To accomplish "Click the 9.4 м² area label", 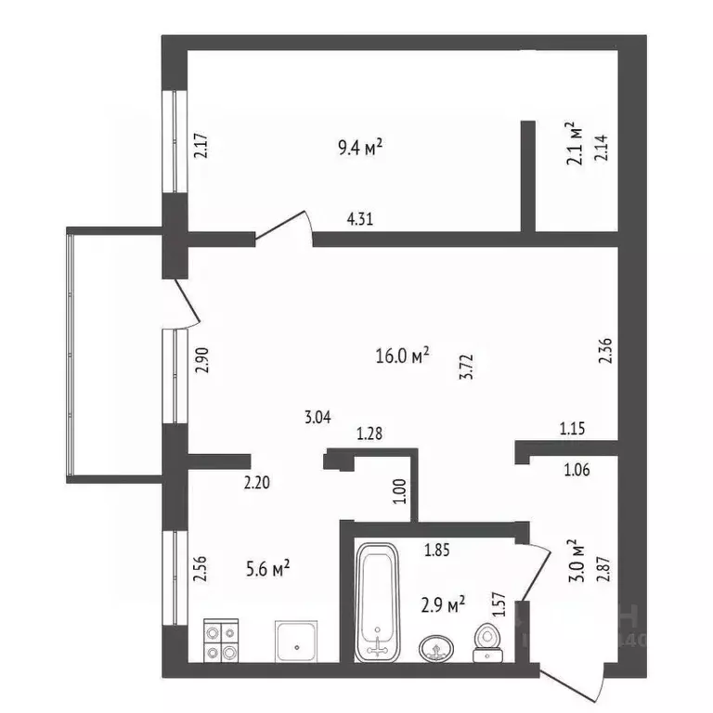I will [360, 146].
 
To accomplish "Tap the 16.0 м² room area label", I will [402, 356].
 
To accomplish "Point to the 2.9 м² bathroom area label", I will [443, 605].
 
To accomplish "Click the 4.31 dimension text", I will [362, 220].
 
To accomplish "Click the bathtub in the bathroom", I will [377, 602].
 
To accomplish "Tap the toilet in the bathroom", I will [486, 643].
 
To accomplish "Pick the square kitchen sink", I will [296, 641].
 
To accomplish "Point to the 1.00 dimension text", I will [400, 489].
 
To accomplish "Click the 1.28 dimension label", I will [370, 433].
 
